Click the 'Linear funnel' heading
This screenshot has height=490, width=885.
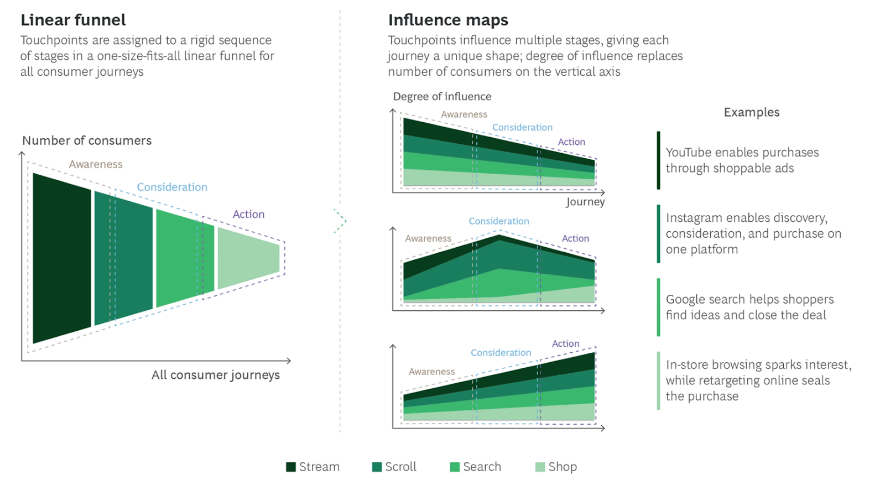[x=73, y=20]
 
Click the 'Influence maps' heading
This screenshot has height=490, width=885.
[x=448, y=20]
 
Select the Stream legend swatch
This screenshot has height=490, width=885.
[x=291, y=467]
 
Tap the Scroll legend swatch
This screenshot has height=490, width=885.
[x=377, y=467]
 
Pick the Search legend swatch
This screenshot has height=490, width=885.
[x=455, y=467]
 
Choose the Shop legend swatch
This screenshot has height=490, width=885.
[x=540, y=467]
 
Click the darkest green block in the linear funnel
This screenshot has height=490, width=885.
[x=61, y=258]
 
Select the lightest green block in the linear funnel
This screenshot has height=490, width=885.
[x=248, y=258]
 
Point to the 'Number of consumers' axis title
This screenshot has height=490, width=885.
[x=87, y=140]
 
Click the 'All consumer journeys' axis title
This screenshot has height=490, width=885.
[x=216, y=375]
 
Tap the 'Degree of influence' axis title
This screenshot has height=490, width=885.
[x=442, y=97]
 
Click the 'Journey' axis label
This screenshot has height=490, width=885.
[x=585, y=202]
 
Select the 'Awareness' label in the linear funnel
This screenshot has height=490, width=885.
[x=96, y=164]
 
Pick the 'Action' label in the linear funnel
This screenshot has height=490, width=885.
[x=248, y=214]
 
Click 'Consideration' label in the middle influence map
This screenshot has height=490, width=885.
[x=499, y=221]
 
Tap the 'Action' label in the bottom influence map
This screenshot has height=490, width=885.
[x=566, y=343]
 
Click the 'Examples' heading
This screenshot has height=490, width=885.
[x=752, y=112]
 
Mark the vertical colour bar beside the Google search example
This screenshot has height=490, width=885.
[x=658, y=307]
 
